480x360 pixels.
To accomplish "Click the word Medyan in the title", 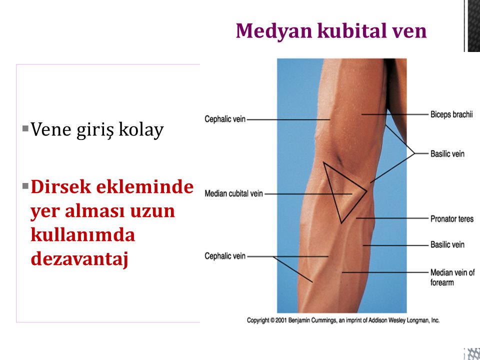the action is pyautogui.click(x=274, y=31).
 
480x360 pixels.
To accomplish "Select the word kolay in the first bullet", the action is pyautogui.click(x=141, y=130).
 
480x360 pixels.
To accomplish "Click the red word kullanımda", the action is pyautogui.click(x=83, y=235).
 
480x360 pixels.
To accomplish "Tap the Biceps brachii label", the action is pyautogui.click(x=451, y=114).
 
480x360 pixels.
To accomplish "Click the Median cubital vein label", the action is pyautogui.click(x=233, y=193).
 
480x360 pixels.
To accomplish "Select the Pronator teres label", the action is pyautogui.click(x=452, y=219).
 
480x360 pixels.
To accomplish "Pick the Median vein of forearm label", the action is pyautogui.click(x=452, y=277).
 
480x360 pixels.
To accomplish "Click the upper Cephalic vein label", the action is pyautogui.click(x=225, y=119).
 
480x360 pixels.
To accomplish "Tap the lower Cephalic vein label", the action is pyautogui.click(x=225, y=256).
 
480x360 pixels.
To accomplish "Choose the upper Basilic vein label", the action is pyautogui.click(x=447, y=153).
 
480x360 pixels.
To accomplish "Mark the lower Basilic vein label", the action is pyautogui.click(x=447, y=244).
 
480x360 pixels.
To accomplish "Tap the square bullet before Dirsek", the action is pyautogui.click(x=25, y=185).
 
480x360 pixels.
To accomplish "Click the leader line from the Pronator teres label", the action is pyautogui.click(x=392, y=218).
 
